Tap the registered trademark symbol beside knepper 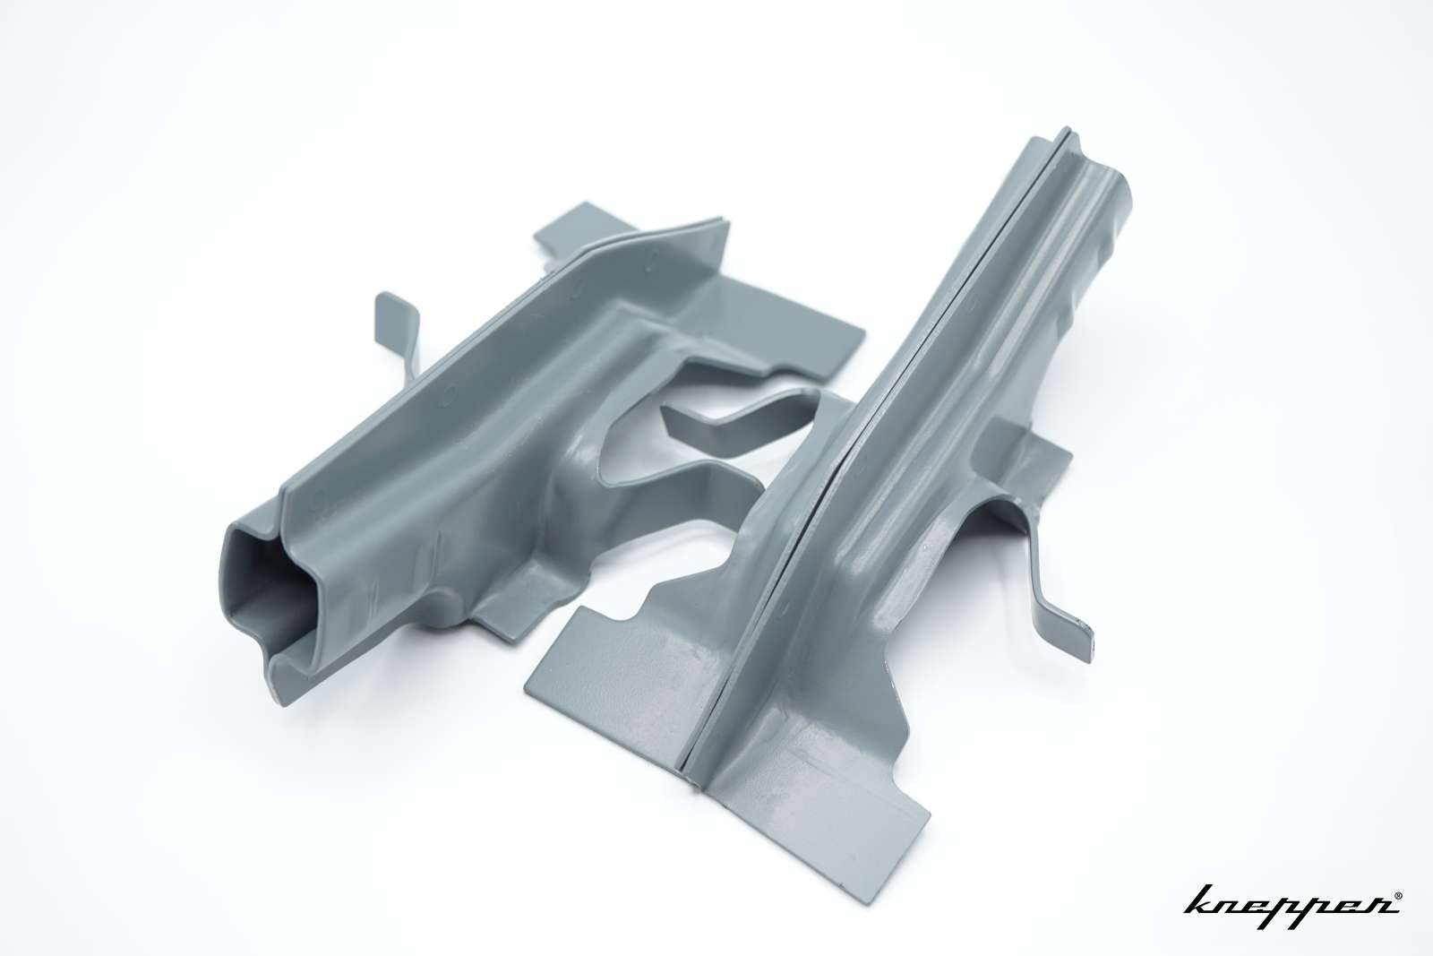[x=1396, y=897]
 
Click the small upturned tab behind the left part [x=397, y=340]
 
